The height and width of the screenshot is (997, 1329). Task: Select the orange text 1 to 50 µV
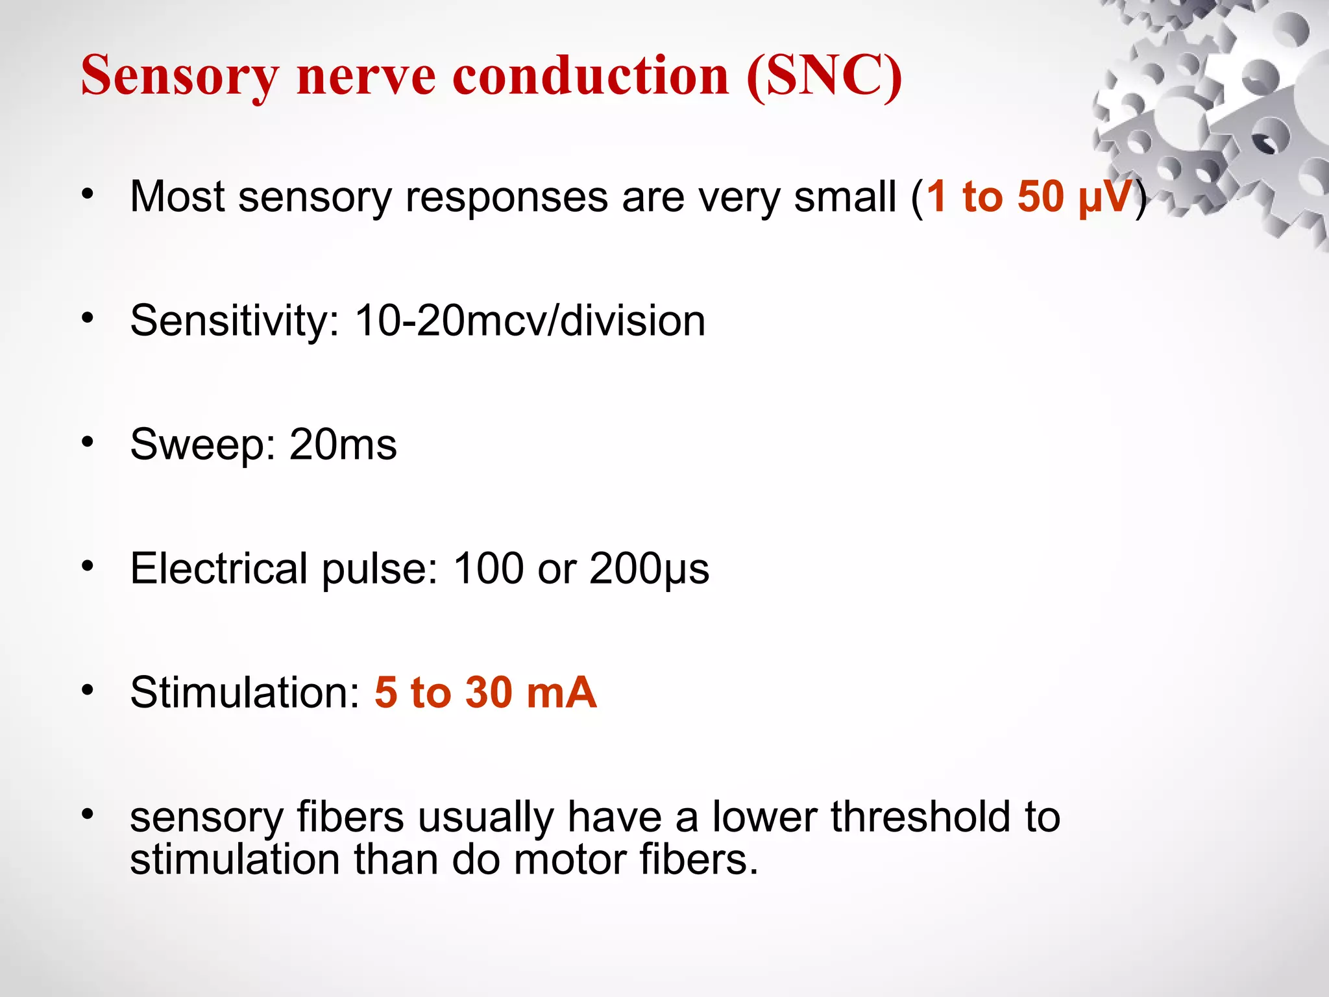(x=1029, y=196)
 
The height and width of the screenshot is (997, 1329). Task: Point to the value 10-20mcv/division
(x=530, y=321)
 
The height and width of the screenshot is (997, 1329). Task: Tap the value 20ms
(x=343, y=445)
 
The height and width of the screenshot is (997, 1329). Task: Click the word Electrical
(x=218, y=569)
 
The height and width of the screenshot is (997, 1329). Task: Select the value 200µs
(x=649, y=569)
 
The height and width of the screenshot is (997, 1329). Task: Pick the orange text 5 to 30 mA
(x=485, y=692)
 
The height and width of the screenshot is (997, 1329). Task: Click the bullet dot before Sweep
(x=88, y=442)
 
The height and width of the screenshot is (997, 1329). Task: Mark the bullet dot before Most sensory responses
(x=88, y=193)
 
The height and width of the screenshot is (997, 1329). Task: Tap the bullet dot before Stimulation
(x=88, y=689)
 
